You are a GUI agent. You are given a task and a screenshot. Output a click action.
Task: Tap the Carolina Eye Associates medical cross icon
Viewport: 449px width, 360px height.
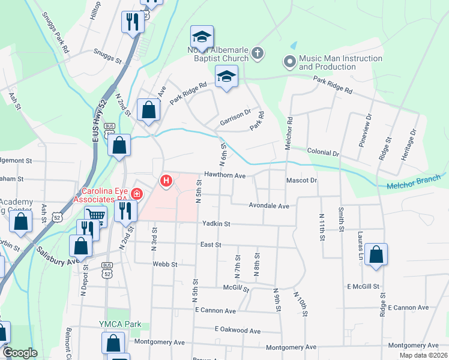pos(137,194)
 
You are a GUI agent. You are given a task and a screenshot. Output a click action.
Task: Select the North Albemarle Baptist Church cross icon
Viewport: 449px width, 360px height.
pos(258,54)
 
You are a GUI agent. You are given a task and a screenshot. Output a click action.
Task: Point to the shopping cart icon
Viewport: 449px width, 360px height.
pos(95,215)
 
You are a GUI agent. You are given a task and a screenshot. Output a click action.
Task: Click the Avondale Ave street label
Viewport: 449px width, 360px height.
pos(269,206)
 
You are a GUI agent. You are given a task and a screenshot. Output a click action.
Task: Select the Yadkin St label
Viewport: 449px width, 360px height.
pos(216,223)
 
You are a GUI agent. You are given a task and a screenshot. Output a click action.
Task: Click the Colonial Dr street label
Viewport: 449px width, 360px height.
pos(324,154)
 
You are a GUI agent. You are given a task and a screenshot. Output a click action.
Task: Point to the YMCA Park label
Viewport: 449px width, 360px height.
pos(120,324)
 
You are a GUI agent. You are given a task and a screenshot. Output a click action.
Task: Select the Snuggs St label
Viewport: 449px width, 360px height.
pos(107,52)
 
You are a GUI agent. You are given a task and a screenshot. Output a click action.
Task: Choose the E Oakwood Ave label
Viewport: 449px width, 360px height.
pos(238,330)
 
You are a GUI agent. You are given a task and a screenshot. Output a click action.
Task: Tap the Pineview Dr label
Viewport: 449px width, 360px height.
pos(367,140)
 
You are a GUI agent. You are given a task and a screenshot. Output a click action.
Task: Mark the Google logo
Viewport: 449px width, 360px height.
pos(20,353)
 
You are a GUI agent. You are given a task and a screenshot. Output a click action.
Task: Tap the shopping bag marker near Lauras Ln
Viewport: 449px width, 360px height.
pos(376,255)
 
